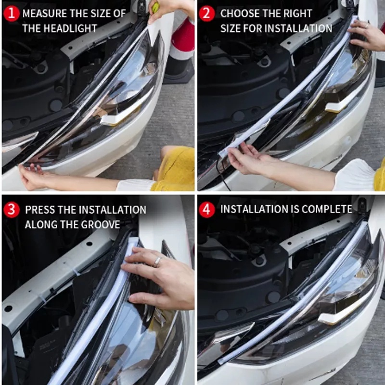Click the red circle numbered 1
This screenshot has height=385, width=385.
point(11,13)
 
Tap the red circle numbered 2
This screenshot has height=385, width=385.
point(207,13)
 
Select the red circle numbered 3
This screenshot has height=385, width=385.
point(11,210)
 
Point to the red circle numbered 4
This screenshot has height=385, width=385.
point(207,210)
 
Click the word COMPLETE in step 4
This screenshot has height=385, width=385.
point(327,209)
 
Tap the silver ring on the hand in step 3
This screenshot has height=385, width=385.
point(157,261)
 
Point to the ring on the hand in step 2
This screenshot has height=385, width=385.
point(367,26)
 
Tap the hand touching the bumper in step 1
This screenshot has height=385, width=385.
point(32,176)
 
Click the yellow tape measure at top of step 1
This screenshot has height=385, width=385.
point(155,7)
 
